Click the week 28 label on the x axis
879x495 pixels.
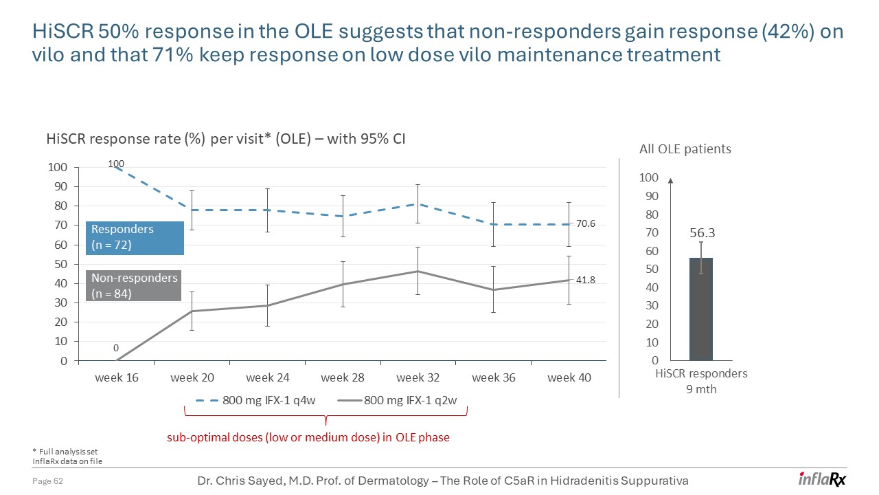point(343,377)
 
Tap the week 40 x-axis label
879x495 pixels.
point(569,377)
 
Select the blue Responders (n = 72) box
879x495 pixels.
point(135,237)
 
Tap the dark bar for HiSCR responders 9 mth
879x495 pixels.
point(700,309)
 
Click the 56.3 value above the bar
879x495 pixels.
point(701,233)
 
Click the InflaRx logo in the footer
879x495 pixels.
point(822,479)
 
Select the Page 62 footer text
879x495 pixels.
point(48,481)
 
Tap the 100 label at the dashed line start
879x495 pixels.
point(115,164)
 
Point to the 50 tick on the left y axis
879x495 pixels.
point(60,264)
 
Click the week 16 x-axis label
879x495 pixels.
point(116,377)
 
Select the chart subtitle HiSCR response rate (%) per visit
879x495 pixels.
point(225,139)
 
